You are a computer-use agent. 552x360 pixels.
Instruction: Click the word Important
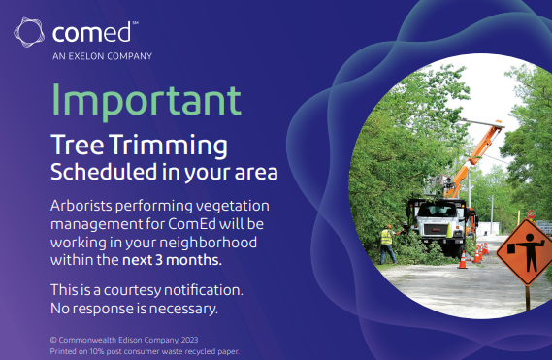pos(145,101)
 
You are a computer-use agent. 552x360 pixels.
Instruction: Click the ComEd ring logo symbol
pos(29,34)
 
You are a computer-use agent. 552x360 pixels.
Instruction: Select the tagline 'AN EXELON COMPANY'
pos(101,57)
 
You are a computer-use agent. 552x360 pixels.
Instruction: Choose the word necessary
pos(183,309)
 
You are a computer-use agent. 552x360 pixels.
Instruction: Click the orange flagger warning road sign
pos(524,250)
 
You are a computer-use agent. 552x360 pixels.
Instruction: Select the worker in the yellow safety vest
pos(387,242)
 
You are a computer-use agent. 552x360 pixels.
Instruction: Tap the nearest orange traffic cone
pos(464,259)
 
